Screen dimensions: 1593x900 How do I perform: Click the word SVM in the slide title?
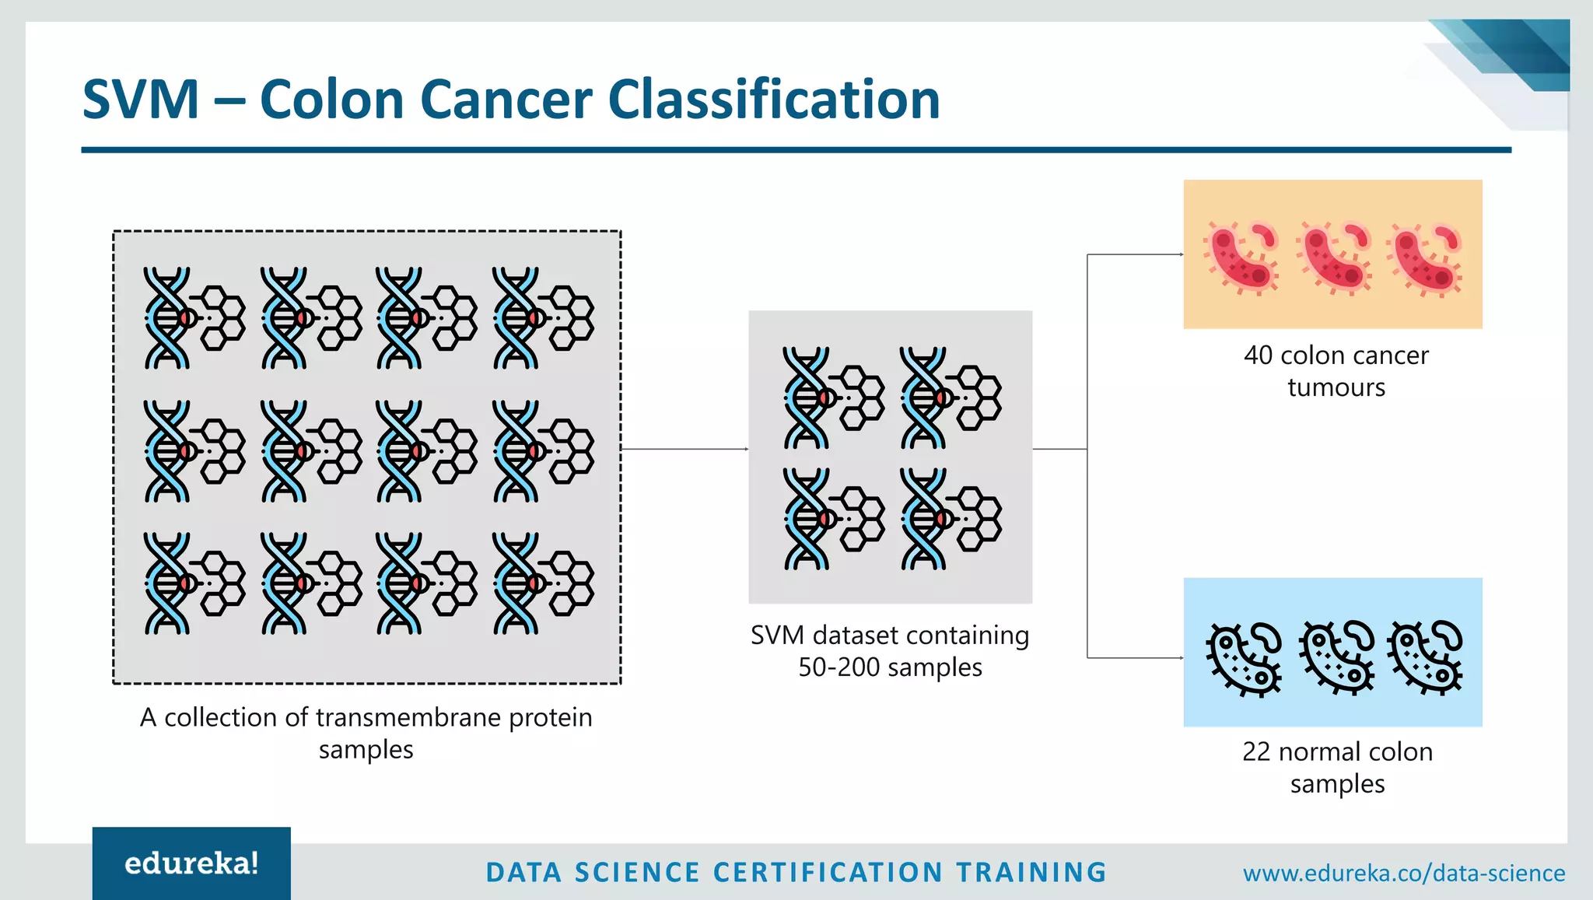141,100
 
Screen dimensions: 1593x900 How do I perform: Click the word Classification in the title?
774,100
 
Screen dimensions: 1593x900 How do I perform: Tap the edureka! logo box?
191,863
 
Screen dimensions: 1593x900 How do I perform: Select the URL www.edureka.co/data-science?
1404,873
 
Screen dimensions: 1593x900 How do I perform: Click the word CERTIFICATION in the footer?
828,873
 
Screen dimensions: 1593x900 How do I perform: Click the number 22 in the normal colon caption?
1256,751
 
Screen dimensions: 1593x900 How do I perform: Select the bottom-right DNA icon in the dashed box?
543,583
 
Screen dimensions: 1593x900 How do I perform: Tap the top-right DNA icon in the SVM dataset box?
951,397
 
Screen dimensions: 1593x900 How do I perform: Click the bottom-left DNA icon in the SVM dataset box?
833,519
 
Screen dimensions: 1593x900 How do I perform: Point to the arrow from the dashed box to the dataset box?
684,449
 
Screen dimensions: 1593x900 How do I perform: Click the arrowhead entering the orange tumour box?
1181,254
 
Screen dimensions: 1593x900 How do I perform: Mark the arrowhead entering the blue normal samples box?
1181,658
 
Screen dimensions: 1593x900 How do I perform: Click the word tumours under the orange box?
1336,387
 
